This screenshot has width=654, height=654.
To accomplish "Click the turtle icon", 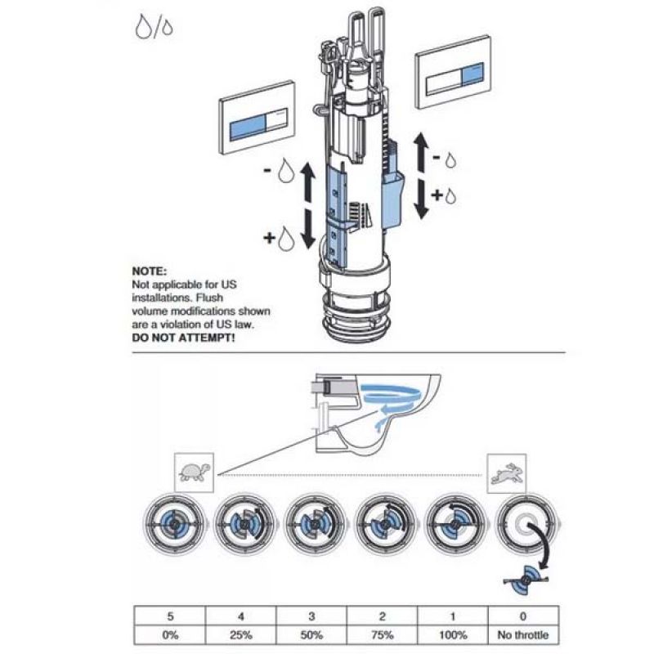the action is tap(195, 473).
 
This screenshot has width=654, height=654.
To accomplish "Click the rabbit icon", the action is tap(506, 473).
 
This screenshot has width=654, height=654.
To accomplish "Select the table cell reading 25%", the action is tap(240, 635).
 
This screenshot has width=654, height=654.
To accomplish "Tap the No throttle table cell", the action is tap(523, 635).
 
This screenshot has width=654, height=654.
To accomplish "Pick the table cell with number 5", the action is tap(170, 616).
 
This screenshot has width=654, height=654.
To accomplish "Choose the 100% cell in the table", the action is tap(453, 635).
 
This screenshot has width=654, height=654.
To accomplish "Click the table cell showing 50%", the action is tap(311, 635).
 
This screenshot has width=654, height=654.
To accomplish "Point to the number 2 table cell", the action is tap(382, 616).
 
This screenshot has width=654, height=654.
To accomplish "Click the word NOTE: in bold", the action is tap(150, 271).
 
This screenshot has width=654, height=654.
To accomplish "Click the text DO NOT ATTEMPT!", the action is tap(183, 338).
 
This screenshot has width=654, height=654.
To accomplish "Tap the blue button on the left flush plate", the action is tap(249, 128).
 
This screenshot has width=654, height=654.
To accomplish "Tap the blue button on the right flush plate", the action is tap(473, 75).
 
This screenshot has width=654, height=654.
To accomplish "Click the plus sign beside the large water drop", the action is tap(270, 238).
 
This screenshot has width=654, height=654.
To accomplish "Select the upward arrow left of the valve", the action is tap(308, 182).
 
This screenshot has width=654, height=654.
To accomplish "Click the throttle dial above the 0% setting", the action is tap(175, 524).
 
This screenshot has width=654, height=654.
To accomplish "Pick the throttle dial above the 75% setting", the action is tap(386, 524).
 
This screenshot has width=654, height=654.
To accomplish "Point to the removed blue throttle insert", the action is tap(526, 579).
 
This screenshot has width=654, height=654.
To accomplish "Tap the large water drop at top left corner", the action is tap(142, 27).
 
